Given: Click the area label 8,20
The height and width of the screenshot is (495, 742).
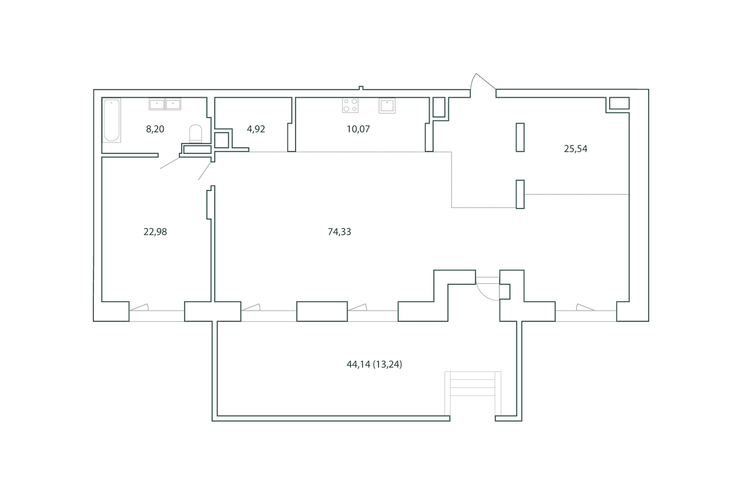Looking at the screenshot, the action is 155,129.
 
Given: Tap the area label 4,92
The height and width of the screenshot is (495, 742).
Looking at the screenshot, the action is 256,129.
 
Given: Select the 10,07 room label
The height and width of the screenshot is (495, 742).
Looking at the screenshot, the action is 358,129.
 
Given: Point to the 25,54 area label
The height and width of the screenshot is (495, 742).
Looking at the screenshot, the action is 576,149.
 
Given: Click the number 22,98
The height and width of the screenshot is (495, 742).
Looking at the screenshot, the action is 155,232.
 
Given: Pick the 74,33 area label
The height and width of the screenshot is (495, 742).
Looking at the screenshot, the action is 339,232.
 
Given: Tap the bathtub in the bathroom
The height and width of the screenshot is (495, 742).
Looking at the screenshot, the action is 111,121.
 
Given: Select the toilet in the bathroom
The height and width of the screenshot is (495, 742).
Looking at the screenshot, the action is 195,134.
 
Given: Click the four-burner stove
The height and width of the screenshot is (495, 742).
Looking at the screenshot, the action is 351,105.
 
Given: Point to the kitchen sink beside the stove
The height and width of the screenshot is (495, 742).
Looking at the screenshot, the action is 387,106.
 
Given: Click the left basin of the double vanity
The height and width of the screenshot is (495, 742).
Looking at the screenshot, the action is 156,104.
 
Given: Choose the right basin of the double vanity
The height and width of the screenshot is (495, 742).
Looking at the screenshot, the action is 173,104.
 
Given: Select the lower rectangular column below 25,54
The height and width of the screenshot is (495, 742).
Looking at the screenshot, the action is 520,194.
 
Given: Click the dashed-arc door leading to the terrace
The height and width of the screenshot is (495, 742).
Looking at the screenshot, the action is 487,292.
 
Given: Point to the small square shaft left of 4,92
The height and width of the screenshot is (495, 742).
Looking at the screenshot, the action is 221,140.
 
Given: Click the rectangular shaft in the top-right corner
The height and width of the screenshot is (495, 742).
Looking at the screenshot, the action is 619,103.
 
